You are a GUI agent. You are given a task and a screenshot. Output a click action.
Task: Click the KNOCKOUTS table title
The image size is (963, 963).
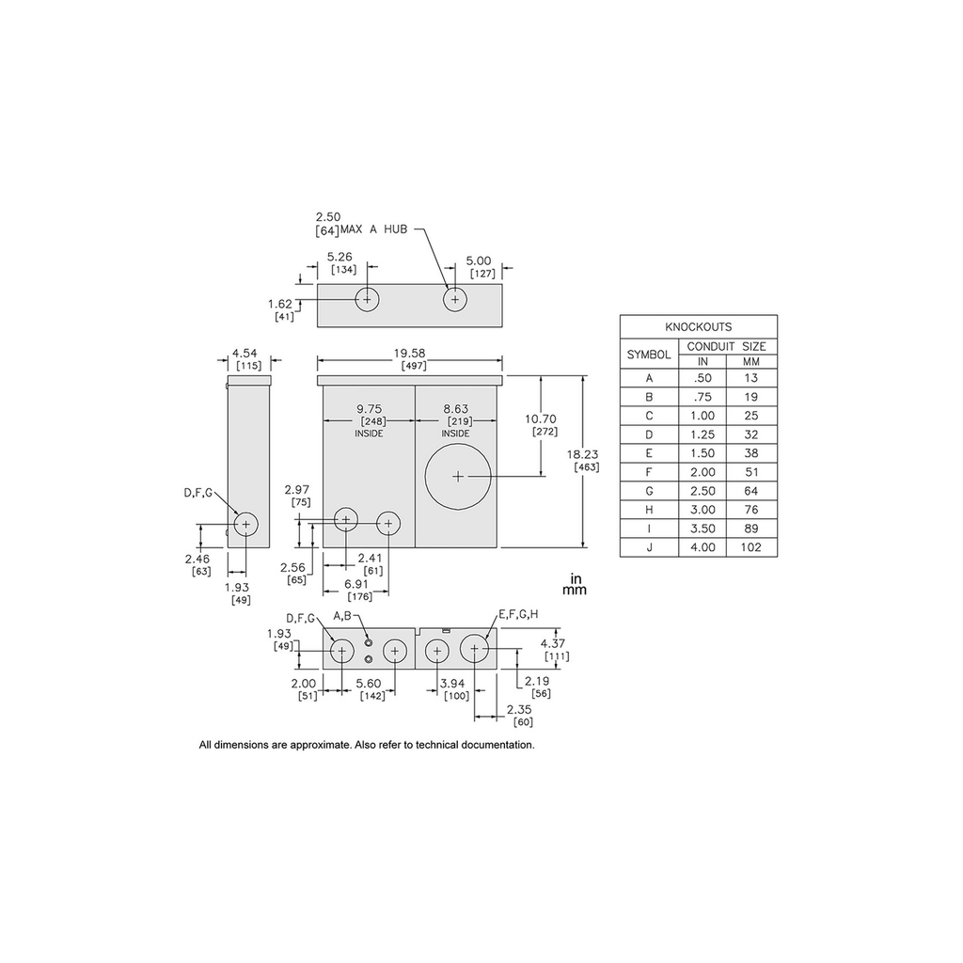point(699,326)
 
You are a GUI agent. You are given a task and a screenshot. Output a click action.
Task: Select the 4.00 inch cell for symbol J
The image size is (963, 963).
point(703,547)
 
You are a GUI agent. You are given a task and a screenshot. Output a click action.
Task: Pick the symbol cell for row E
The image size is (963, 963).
point(649,453)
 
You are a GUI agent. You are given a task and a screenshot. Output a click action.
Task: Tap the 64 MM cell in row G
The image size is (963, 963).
point(751,491)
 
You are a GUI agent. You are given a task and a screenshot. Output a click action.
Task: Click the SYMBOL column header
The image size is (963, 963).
point(649,355)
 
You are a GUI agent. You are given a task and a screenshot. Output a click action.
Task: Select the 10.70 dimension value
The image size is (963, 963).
point(541,418)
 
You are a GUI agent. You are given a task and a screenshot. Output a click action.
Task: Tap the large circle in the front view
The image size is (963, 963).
point(458,477)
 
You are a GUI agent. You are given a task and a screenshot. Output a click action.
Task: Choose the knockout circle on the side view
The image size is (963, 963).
point(246,524)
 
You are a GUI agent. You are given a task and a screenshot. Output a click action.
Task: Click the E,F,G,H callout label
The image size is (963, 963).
point(518,614)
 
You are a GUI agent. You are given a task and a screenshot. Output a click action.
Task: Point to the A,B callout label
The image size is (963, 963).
point(342,615)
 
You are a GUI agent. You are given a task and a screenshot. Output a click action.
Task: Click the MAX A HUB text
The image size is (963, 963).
point(373,229)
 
